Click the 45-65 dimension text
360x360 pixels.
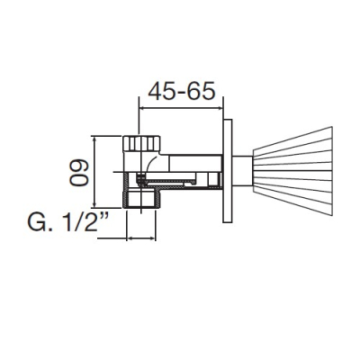(x=182, y=91)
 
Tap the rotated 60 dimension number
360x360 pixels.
(x=79, y=173)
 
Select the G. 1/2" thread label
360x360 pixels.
(x=68, y=222)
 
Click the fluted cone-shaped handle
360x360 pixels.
(x=293, y=171)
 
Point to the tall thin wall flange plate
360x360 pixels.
(x=228, y=171)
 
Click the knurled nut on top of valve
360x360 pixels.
(x=141, y=143)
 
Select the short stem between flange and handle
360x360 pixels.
(x=243, y=171)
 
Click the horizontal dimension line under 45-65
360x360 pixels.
(x=180, y=108)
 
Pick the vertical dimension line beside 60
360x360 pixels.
(x=94, y=172)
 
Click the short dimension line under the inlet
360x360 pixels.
(x=141, y=238)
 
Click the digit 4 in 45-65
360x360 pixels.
(x=156, y=91)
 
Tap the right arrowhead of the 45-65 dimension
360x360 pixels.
(x=220, y=108)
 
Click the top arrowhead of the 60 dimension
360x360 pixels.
(x=94, y=139)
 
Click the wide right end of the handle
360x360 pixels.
(x=332, y=171)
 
